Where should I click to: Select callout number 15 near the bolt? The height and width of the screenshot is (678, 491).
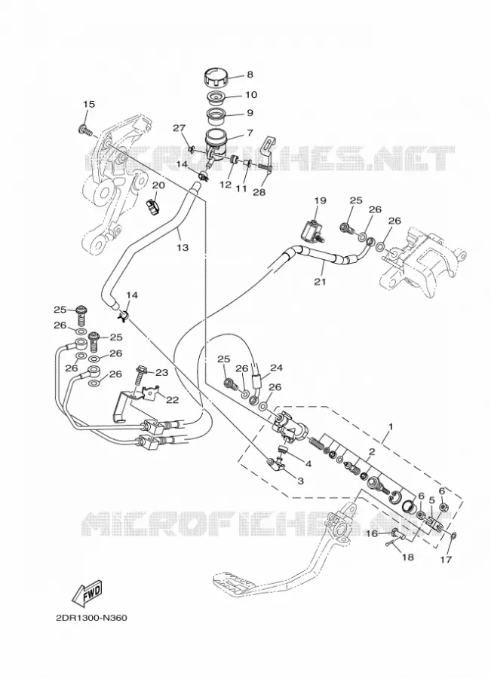[x=89, y=104]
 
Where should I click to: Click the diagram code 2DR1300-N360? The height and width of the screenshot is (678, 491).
[x=91, y=618]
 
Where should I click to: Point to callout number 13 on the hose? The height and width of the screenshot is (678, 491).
[x=183, y=247]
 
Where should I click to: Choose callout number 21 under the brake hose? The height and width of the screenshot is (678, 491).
[x=320, y=282]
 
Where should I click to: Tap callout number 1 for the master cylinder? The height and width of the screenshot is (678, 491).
[x=391, y=426]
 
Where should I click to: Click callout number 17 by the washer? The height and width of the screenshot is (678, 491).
[x=446, y=559]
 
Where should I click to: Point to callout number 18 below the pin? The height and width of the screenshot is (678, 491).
[x=408, y=557]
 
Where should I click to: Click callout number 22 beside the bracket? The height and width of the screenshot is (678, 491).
[x=172, y=400]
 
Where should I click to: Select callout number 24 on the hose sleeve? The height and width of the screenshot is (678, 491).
[x=276, y=368]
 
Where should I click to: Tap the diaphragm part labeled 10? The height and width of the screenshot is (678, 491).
[x=217, y=97]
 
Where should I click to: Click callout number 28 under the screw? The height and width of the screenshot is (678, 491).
[x=259, y=192]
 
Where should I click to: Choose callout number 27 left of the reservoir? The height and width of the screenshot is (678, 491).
[x=180, y=128]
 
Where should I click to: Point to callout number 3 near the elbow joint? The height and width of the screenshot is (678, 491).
[x=300, y=481]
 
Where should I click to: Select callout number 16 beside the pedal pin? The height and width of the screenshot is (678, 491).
[x=373, y=533]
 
